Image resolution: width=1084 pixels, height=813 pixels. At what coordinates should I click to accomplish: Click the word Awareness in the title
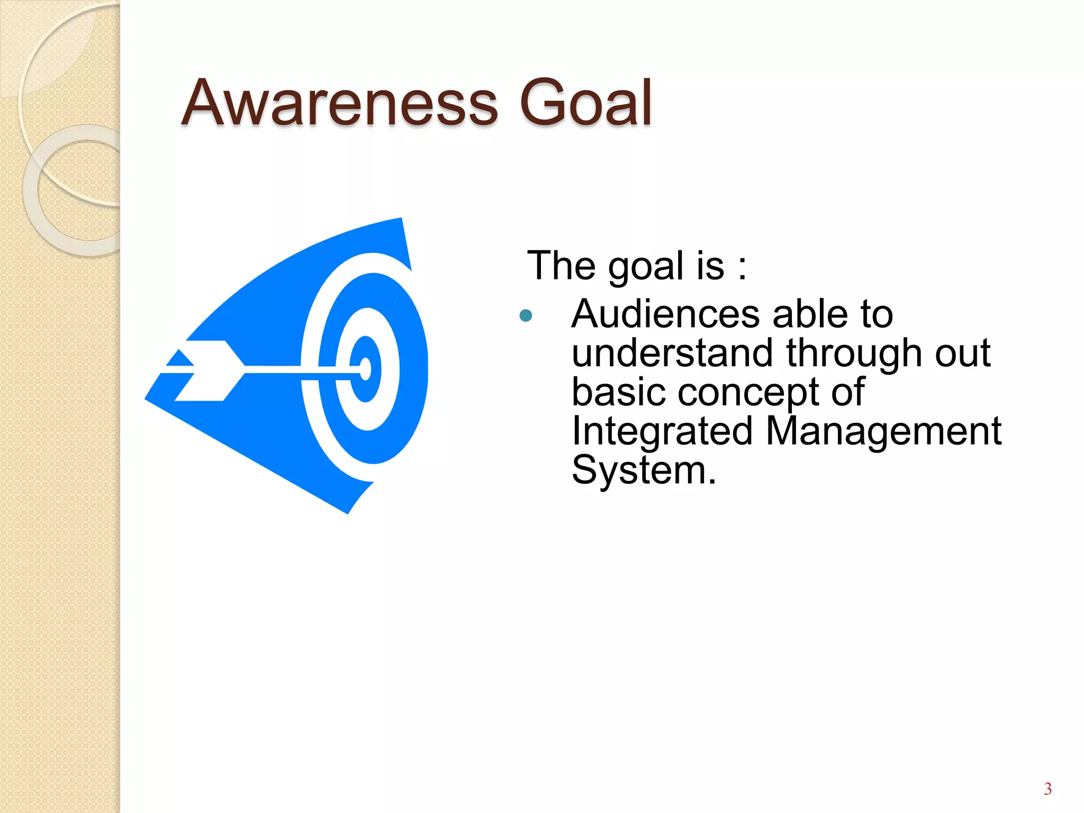(339, 103)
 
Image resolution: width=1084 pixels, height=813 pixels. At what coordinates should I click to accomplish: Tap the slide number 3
(1047, 789)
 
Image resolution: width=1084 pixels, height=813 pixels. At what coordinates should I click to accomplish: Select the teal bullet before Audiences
(526, 316)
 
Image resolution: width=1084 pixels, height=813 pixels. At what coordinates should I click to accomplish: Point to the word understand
(672, 353)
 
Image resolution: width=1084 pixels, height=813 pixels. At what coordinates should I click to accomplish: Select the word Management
(883, 431)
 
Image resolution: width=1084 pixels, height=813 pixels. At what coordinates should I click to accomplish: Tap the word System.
(643, 470)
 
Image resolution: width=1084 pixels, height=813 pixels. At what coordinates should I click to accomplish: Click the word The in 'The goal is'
(561, 266)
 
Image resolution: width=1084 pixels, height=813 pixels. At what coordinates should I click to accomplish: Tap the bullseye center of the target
(365, 368)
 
